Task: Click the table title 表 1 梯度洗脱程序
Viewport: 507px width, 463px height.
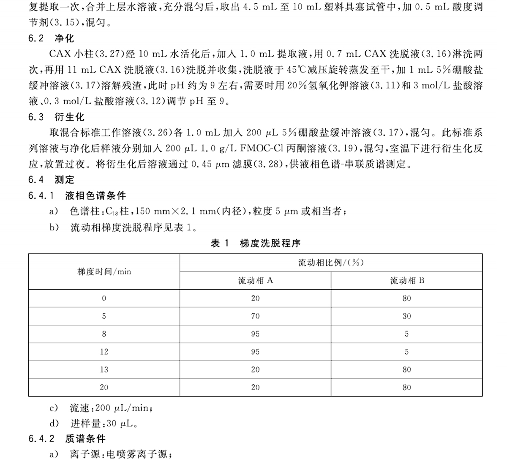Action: (x=255, y=243)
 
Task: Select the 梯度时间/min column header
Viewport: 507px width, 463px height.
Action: (x=104, y=271)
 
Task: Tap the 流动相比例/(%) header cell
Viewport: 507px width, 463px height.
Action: (x=331, y=263)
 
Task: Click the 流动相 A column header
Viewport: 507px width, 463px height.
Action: (x=255, y=280)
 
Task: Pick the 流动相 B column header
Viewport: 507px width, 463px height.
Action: (x=406, y=280)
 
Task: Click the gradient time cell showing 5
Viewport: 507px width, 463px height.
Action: (x=104, y=316)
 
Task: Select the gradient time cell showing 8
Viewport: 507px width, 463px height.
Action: (x=104, y=334)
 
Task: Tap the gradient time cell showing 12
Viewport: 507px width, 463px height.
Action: (x=104, y=352)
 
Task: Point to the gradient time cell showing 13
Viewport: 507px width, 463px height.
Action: (x=104, y=370)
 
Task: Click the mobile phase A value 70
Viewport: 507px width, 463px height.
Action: (x=255, y=316)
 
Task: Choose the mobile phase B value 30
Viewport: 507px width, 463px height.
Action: (x=406, y=316)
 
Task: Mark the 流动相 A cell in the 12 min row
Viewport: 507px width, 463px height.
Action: (x=255, y=352)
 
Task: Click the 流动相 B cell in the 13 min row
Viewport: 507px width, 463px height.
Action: (x=406, y=370)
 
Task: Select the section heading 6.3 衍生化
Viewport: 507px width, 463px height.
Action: (x=57, y=117)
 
